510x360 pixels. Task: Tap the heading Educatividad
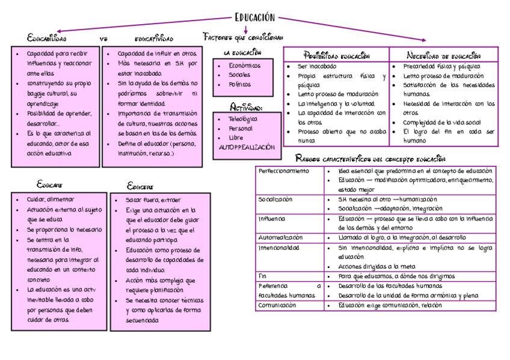(154, 39)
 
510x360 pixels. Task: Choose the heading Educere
(140, 186)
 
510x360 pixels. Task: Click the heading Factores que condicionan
(243, 37)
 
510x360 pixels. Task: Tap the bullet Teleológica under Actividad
(243, 119)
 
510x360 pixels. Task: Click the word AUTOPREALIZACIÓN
(247, 147)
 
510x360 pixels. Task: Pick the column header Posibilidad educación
(336, 55)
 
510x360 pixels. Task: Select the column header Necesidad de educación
(443, 55)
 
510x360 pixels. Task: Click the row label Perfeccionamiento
(283, 171)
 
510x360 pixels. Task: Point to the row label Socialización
(275, 199)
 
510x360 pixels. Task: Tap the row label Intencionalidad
(278, 247)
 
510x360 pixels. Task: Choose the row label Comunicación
(277, 305)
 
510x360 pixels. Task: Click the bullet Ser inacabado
(318, 66)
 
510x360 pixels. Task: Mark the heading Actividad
(246, 108)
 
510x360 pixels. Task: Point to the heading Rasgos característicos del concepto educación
(370, 159)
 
